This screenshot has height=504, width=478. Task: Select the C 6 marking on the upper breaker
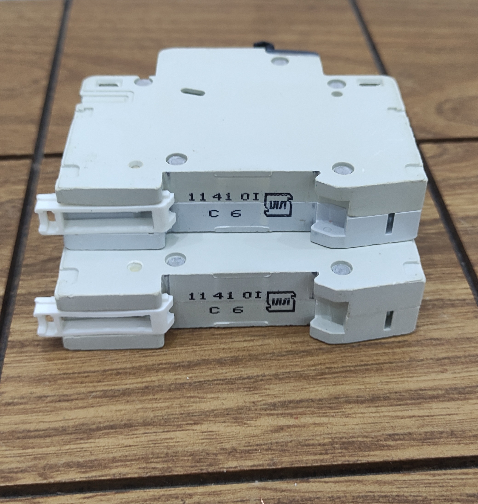[x=225, y=213]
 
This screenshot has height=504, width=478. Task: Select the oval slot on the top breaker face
[x=192, y=92]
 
